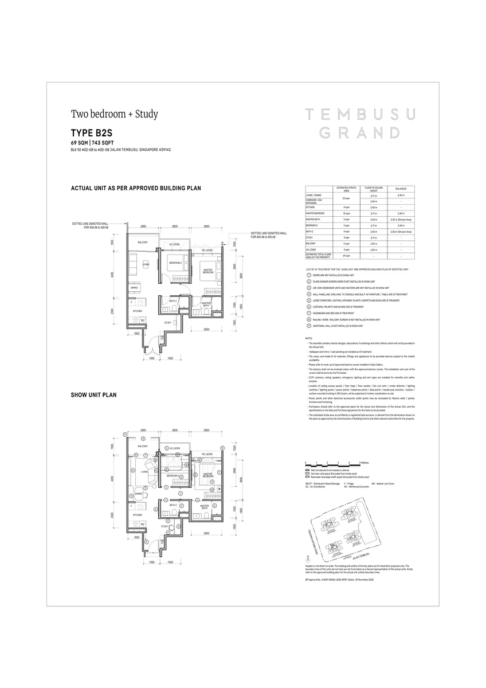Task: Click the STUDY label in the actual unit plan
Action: tap(168, 322)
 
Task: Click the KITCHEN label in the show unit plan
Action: tap(138, 515)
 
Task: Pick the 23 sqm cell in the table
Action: tap(346, 198)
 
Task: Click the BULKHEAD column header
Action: tap(401, 190)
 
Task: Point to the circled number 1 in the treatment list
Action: tap(309, 275)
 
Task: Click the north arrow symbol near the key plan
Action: tap(308, 557)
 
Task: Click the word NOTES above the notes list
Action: tap(309, 338)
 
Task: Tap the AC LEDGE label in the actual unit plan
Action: tap(170, 244)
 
